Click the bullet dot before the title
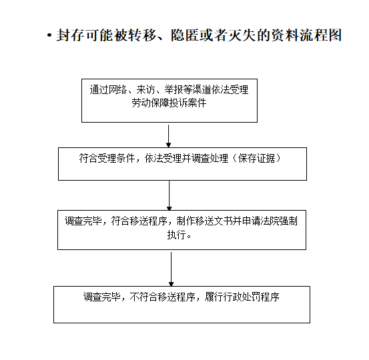[x=49, y=35]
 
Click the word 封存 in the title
[x=70, y=35]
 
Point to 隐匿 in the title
[x=185, y=35]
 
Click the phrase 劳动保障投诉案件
[x=169, y=103]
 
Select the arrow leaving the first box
[x=169, y=136]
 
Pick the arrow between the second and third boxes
[x=169, y=195]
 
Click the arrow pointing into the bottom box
[x=171, y=269]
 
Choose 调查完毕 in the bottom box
[x=102, y=297]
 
